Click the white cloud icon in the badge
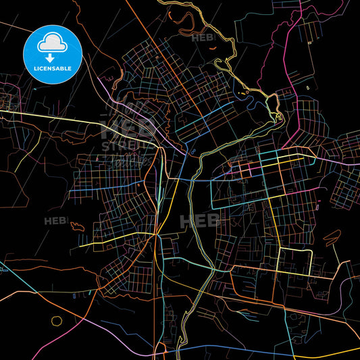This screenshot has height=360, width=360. click(x=51, y=41)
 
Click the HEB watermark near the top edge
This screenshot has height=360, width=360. click(x=202, y=38)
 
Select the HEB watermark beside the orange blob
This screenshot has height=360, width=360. click(x=55, y=221)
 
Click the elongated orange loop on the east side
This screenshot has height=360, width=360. click(x=332, y=237)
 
